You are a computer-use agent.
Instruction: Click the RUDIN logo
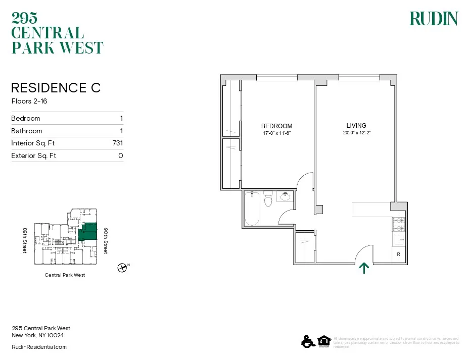[x=433, y=19]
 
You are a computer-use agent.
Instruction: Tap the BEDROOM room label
[x=276, y=126]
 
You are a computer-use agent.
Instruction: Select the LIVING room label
[x=356, y=126]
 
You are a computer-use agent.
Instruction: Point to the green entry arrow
[x=363, y=268]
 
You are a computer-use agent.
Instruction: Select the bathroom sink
[x=285, y=196]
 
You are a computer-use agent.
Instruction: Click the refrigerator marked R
[x=398, y=254]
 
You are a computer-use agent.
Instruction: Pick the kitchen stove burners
[x=398, y=224]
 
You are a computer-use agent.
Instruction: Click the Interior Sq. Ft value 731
[x=117, y=143]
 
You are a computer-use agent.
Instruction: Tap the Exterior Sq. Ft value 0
[x=120, y=156]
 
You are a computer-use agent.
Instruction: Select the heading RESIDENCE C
[x=56, y=88]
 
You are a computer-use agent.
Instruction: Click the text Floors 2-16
[x=29, y=101]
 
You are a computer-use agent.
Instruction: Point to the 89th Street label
[x=24, y=240]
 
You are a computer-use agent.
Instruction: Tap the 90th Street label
[x=105, y=240]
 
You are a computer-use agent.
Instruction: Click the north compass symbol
[x=121, y=268]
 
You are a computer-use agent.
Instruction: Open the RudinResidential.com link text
[x=39, y=347]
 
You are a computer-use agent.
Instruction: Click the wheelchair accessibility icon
[x=306, y=342]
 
